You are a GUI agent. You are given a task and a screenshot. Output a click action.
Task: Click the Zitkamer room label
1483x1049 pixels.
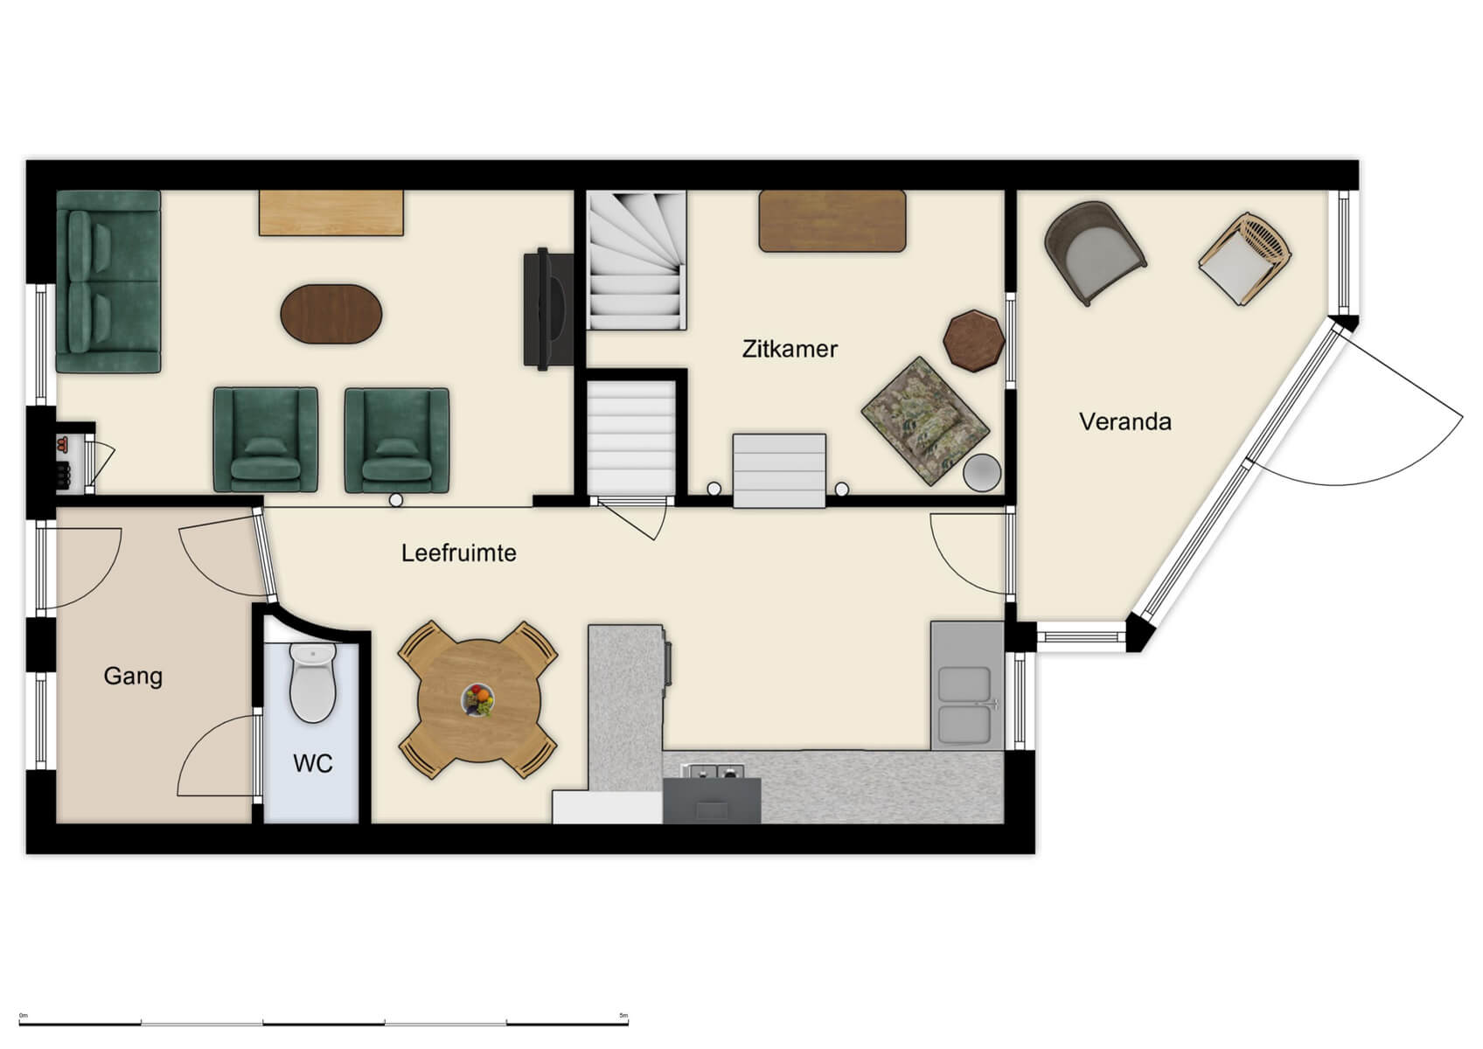click(790, 349)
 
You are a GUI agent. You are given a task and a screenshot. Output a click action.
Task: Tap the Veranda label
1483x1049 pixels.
click(1124, 421)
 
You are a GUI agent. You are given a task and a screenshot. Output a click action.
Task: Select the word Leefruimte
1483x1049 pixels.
click(458, 552)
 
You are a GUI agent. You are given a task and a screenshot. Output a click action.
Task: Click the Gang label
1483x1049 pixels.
click(133, 676)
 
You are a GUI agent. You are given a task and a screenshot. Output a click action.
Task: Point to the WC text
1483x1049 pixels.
click(312, 763)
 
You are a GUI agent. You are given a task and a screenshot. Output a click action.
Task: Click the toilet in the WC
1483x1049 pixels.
click(312, 684)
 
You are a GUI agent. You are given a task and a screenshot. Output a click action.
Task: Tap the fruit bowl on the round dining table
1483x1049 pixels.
click(477, 699)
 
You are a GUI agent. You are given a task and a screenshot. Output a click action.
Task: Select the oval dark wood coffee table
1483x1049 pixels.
click(331, 314)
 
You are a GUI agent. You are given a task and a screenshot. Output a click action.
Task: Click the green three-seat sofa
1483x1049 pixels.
click(108, 281)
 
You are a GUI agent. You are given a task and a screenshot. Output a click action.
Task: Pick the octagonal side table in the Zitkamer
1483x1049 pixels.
click(973, 340)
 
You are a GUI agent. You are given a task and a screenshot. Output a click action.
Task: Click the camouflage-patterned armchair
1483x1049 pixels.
click(924, 420)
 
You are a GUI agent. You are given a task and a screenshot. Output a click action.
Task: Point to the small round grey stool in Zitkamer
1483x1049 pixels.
click(982, 473)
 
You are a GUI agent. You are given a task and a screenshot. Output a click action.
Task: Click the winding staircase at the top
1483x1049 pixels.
click(637, 261)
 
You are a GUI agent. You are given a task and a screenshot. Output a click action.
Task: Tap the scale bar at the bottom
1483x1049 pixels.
click(324, 1021)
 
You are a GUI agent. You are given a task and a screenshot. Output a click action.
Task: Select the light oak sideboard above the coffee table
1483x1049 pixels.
click(331, 212)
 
